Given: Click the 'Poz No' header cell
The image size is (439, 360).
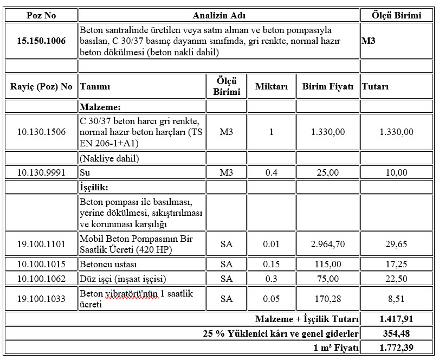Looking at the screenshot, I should (x=41, y=15).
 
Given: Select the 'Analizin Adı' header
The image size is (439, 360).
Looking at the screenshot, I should (x=218, y=15).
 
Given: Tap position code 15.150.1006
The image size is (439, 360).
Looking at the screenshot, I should (x=41, y=41).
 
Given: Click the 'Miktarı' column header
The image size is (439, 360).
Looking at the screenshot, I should (x=272, y=87).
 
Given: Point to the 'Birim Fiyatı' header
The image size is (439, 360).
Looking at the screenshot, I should (x=327, y=87).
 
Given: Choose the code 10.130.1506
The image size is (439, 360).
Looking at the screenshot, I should (x=41, y=132).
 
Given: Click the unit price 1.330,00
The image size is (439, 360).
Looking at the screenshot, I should (x=327, y=132).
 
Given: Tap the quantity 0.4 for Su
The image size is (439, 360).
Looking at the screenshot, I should (x=272, y=173).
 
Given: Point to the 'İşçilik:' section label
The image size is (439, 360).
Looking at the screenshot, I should (x=94, y=187).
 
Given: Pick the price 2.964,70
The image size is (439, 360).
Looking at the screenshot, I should (x=327, y=244).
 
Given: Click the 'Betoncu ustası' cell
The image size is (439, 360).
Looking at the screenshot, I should (x=108, y=265).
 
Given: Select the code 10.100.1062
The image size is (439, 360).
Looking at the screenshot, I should (x=41, y=279).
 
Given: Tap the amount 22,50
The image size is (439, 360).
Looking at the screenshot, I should (x=397, y=279).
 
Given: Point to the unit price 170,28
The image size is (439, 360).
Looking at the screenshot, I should (x=327, y=299).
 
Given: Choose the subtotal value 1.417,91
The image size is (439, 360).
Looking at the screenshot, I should (x=397, y=319).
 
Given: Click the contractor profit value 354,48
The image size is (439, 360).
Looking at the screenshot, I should (x=397, y=333).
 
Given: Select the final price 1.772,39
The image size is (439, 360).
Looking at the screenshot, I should (x=397, y=347).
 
